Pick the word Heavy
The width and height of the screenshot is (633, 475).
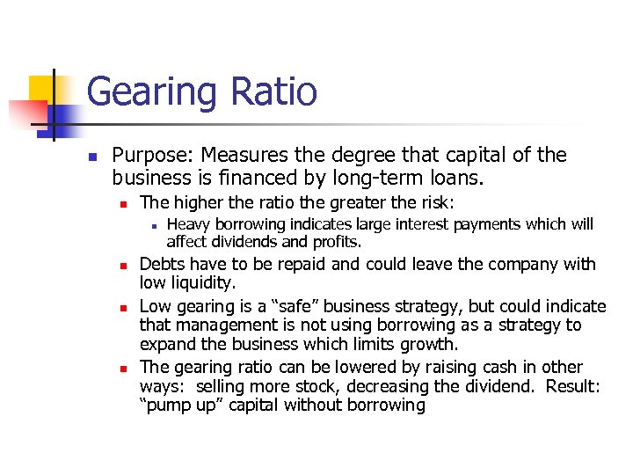click(187, 224)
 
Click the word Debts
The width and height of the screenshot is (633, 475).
click(163, 264)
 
